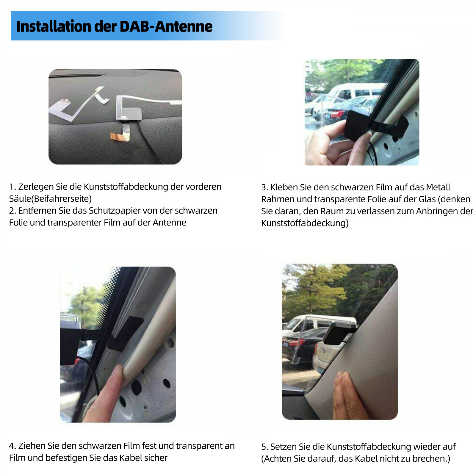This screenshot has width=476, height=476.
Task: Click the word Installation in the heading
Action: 54,26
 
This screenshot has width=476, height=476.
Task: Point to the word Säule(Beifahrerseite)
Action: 50,199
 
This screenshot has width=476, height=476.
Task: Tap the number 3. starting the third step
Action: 264,187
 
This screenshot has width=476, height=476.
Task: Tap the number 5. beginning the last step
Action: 264,447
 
